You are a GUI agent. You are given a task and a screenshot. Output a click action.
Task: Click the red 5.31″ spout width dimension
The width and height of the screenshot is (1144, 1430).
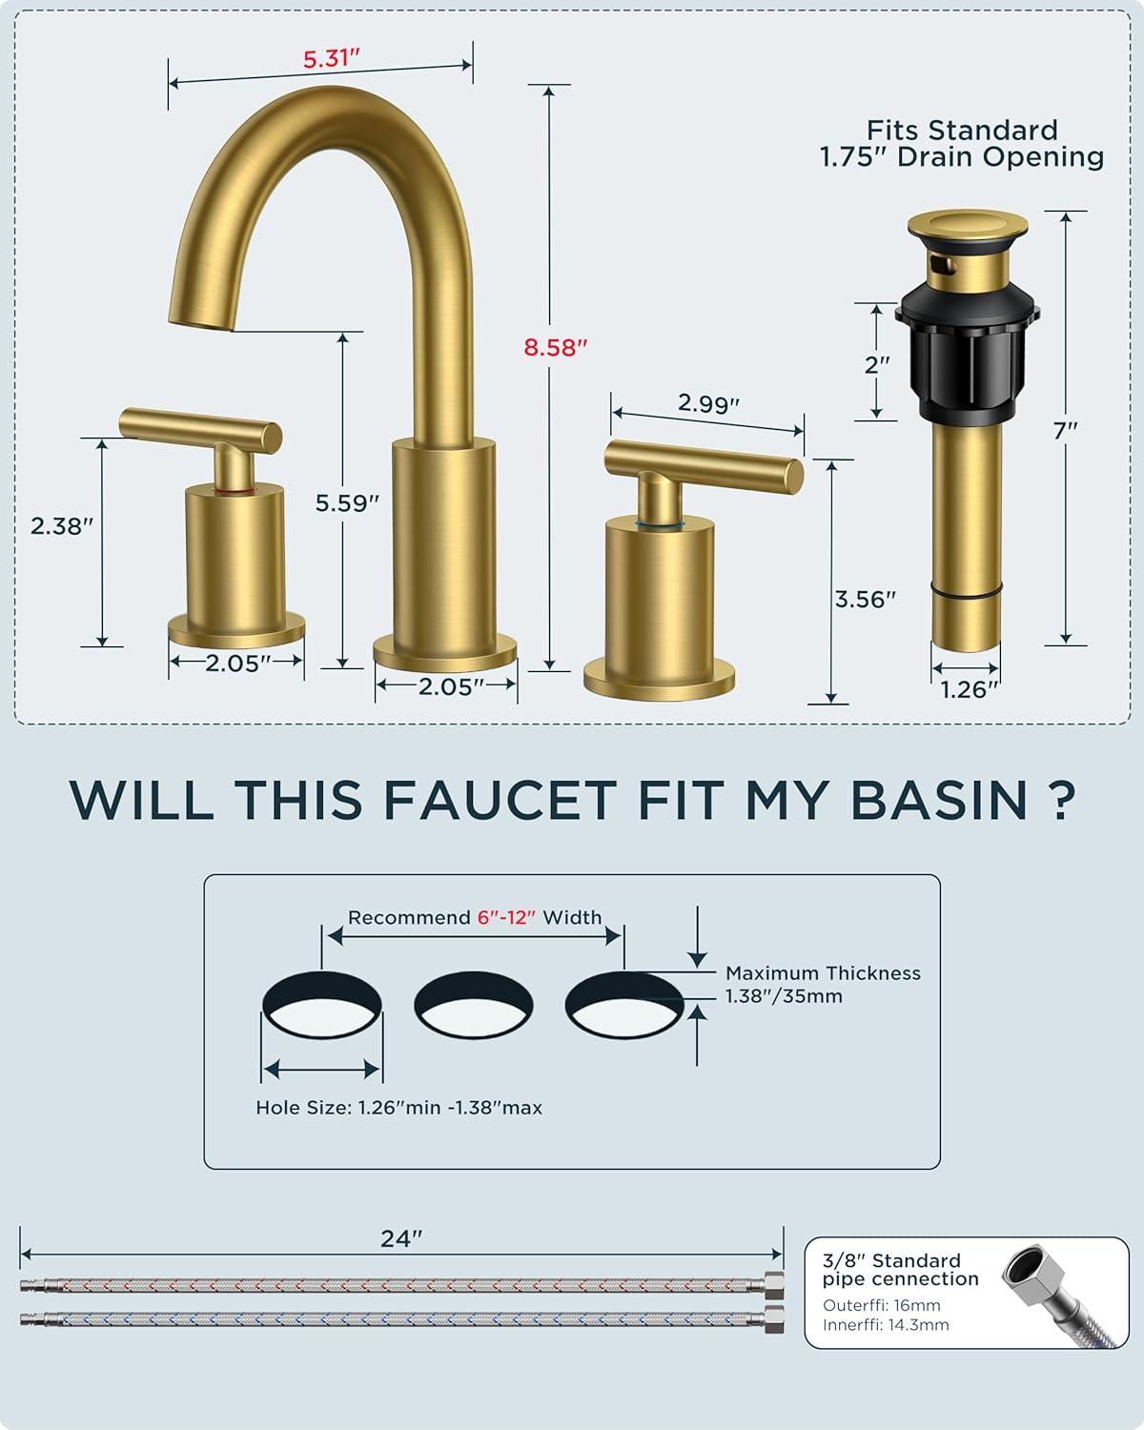(x=331, y=58)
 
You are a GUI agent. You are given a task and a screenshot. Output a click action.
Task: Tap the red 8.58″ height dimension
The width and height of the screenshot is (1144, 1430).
(x=556, y=347)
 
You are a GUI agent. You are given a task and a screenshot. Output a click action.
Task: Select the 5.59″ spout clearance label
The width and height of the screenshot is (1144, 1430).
(x=347, y=503)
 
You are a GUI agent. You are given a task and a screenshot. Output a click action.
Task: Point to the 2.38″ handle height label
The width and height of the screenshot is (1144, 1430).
(x=62, y=525)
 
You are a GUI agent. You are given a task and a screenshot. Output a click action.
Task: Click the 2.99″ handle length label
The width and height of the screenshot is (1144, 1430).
(x=708, y=402)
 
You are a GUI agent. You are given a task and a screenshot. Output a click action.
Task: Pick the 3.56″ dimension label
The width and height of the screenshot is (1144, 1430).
(x=866, y=600)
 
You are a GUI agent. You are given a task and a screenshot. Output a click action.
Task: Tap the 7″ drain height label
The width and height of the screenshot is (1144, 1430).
(x=1065, y=431)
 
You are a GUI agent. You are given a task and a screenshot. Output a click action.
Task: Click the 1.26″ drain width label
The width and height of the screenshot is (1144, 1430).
(x=970, y=690)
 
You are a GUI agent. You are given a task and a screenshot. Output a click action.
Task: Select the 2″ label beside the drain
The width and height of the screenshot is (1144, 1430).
(x=877, y=364)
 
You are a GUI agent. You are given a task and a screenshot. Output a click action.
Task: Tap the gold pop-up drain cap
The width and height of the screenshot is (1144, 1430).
(x=968, y=226)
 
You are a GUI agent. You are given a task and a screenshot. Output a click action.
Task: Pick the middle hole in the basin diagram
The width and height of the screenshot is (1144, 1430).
(x=473, y=1005)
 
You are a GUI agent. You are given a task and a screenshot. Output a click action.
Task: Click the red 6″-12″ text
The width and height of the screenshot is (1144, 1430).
(x=506, y=918)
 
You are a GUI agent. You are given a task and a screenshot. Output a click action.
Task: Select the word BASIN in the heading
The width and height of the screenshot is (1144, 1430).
(x=939, y=800)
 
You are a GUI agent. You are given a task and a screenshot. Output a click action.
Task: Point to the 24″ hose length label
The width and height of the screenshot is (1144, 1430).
(x=401, y=1238)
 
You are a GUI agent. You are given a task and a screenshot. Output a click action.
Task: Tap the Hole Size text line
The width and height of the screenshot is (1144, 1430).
(x=398, y=1108)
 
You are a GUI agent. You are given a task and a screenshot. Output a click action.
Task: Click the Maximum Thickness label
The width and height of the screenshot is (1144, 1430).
(x=823, y=972)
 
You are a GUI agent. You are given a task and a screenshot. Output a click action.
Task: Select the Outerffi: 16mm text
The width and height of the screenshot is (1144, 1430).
(x=882, y=1305)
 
